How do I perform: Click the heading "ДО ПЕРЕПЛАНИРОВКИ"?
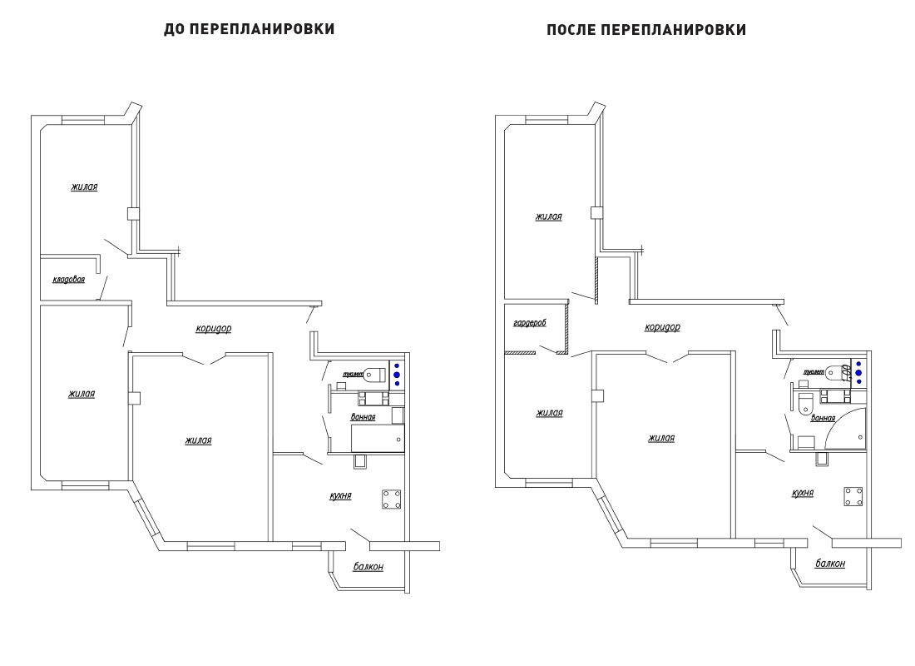tap(250, 29)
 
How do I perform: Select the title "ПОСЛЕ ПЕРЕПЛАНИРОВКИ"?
tap(646, 30)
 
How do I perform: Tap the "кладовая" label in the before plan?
tap(69, 280)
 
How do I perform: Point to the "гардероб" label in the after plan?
tap(530, 322)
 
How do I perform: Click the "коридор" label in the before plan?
tap(214, 328)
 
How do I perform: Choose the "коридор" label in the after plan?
tap(662, 327)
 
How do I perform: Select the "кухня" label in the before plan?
tap(341, 495)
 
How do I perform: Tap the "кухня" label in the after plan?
tap(803, 493)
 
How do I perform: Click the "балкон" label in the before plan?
tap(368, 567)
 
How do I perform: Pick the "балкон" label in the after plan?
tap(830, 564)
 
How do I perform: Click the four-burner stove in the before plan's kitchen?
tap(391, 499)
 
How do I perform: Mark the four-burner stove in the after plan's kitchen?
tap(853, 496)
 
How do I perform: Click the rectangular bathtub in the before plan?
tap(378, 438)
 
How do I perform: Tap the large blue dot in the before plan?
tap(397, 375)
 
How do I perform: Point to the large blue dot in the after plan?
tap(858, 373)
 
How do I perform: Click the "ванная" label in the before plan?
tap(363, 417)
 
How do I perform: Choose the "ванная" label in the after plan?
tap(823, 418)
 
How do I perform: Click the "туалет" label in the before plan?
tap(353, 374)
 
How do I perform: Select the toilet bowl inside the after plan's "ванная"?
tap(804, 403)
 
